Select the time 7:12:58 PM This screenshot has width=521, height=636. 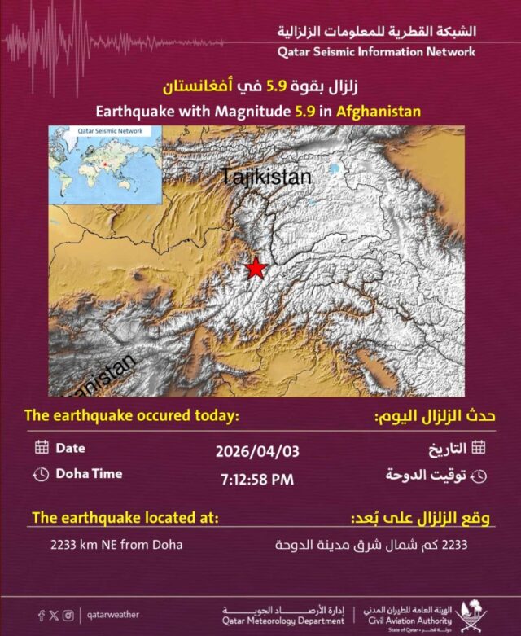(256, 479)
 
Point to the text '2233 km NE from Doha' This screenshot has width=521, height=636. (116, 544)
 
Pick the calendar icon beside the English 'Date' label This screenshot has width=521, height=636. (42, 447)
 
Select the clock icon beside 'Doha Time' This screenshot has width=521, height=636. (42, 474)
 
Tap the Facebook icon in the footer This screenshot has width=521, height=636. (41, 616)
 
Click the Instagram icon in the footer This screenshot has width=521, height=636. (68, 616)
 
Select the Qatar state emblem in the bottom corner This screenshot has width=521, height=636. (471, 614)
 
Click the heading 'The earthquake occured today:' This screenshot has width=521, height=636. (131, 416)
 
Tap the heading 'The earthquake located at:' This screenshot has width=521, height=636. (125, 518)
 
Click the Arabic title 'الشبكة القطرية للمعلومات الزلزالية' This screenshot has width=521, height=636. (377, 32)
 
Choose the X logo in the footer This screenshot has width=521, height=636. (55, 616)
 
